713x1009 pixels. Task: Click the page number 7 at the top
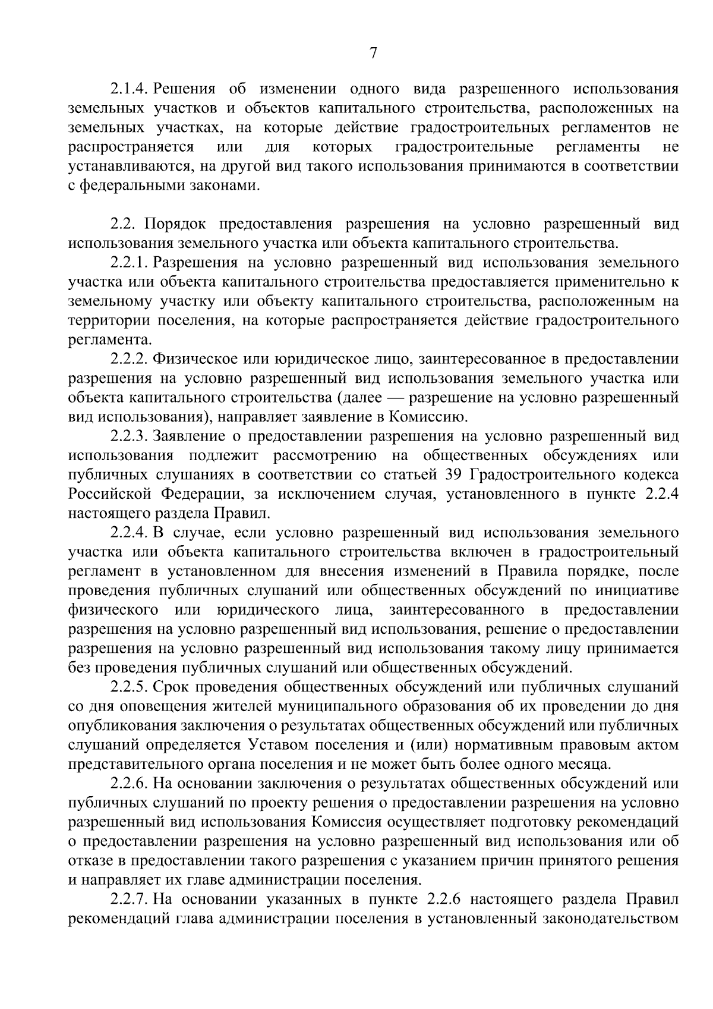pyautogui.click(x=373, y=54)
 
